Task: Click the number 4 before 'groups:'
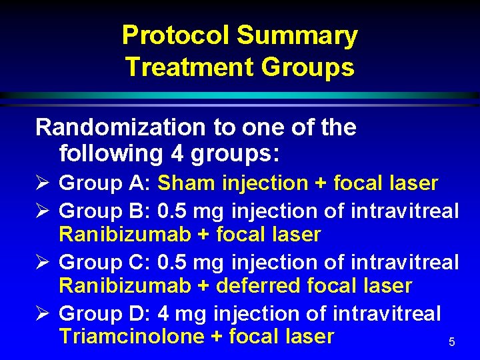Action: [177, 153]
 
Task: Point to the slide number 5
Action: [451, 342]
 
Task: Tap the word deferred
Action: [263, 286]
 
